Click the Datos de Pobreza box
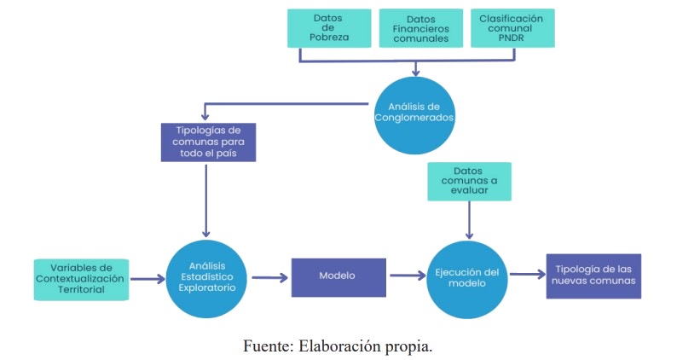[328, 28]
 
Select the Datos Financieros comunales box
[420, 28]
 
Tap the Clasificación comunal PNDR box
[512, 28]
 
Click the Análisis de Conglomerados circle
[414, 112]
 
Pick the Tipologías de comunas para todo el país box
[208, 142]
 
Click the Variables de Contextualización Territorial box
[82, 278]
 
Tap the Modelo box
[337, 277]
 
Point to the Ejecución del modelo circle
[466, 277]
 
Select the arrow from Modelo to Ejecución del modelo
[407, 276]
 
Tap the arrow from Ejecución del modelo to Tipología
[527, 276]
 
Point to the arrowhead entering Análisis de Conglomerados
[414, 72]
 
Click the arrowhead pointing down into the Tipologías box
[205, 119]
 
